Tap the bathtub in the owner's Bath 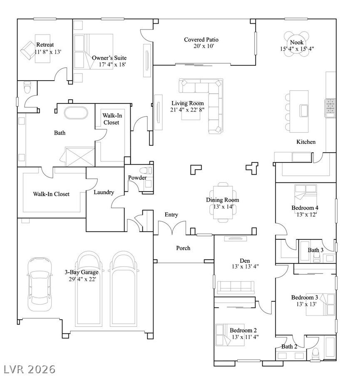(76, 112)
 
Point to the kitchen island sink (304, 111)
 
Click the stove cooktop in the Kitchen (330, 108)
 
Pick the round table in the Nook (296, 44)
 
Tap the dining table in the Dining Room (223, 202)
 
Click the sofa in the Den (236, 287)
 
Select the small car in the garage (40, 284)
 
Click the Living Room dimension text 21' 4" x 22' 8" (187, 110)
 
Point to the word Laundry (104, 192)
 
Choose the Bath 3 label (315, 250)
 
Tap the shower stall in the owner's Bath (80, 157)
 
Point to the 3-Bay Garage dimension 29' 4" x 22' (82, 279)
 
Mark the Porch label (183, 248)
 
